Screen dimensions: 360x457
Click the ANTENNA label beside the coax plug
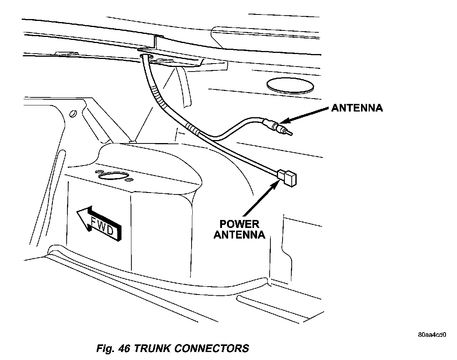pos(356,108)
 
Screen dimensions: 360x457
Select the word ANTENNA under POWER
pos(239,234)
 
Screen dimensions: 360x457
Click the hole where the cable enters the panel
pos(145,57)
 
